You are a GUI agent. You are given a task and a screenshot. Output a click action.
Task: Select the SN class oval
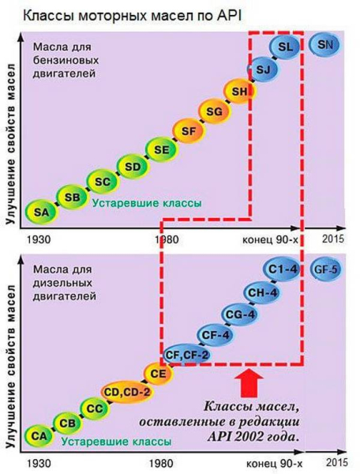click(324, 46)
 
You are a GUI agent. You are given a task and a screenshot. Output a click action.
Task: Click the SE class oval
click(161, 149)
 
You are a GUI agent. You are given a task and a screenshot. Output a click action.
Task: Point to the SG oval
click(213, 111)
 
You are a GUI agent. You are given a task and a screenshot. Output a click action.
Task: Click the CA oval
click(37, 435)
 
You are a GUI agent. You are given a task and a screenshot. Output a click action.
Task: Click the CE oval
click(157, 372)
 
